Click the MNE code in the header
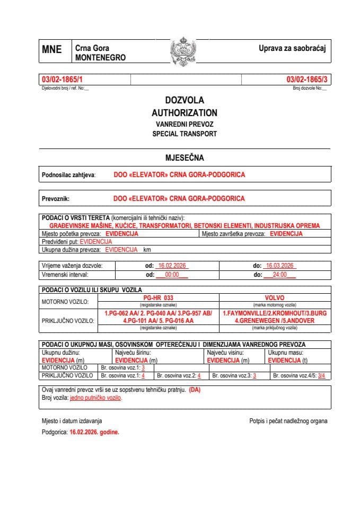point(52,50)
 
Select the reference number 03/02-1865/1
point(63,80)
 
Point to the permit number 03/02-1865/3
point(307,80)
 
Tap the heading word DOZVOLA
point(184,100)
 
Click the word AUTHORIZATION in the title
point(184,112)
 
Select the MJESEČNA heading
point(184,157)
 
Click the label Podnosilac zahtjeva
point(68,174)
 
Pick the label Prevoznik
point(56,199)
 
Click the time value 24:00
point(279,275)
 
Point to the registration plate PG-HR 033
point(159,298)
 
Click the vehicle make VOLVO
point(275,298)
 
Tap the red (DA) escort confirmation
point(195,390)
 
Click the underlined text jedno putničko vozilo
point(95,398)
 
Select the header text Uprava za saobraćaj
point(292,49)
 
